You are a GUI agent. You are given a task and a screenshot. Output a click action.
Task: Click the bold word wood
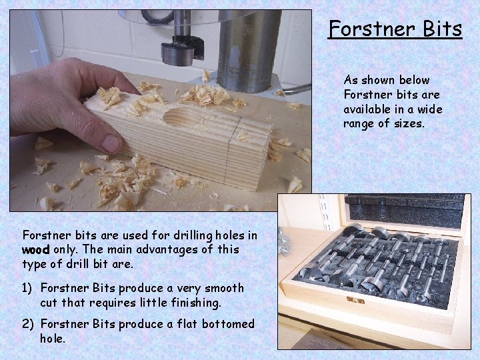[35, 249]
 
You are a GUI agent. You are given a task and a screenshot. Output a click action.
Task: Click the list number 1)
[29, 289]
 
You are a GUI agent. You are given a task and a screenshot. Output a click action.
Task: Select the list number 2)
[29, 324]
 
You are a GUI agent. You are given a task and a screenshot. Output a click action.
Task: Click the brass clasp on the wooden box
[355, 301]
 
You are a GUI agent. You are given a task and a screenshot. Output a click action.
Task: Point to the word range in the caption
[358, 124]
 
